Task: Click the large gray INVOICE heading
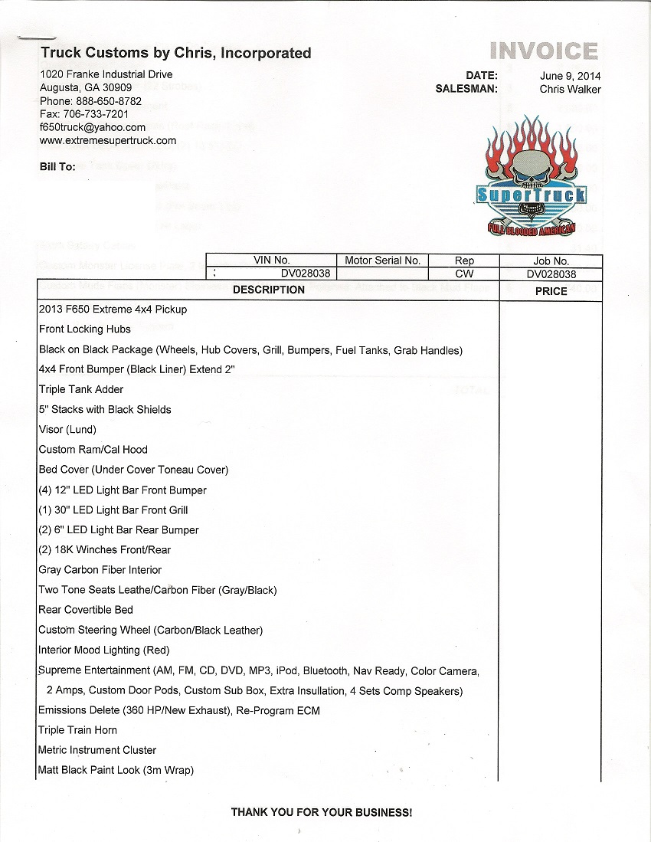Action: [x=544, y=51]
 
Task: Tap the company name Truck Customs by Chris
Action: [x=175, y=53]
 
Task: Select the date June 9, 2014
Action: [x=570, y=76]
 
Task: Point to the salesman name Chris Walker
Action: [x=570, y=89]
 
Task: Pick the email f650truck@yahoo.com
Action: [x=92, y=127]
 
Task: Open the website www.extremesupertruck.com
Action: [x=107, y=140]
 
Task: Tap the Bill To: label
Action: [x=57, y=166]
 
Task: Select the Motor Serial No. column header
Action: [x=382, y=260]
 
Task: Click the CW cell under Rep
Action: [x=464, y=274]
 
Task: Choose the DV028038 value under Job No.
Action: [x=551, y=274]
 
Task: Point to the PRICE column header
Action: [x=551, y=291]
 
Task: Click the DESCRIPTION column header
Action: [x=268, y=290]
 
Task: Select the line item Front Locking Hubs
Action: [x=85, y=329]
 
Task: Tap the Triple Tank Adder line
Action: [x=81, y=389]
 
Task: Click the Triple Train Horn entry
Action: [x=77, y=730]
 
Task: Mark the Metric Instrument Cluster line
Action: [x=97, y=750]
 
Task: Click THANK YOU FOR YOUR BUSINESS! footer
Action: [x=322, y=812]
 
